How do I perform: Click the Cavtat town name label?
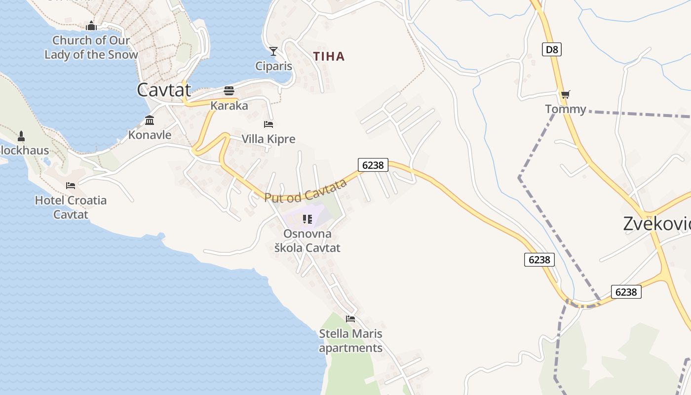pos(163,90)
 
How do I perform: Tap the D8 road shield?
pos(552,49)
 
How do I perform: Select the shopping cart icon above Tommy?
pos(566,94)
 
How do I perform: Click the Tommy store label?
pos(566,109)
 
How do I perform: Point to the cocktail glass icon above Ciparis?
pos(273,51)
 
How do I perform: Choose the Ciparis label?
pos(273,66)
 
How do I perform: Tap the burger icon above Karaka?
pos(229,91)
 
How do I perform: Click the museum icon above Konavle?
pos(150,120)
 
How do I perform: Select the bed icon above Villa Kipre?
pos(269,124)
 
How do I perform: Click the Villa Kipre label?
pos(269,139)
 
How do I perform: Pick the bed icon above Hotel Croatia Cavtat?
pos(71,186)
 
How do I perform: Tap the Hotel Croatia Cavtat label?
pos(71,207)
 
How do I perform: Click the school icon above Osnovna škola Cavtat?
pos(307,219)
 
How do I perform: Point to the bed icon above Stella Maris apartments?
pos(350,319)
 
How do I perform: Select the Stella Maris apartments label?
pos(350,341)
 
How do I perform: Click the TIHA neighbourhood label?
pos(329,56)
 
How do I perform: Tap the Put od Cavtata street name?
pos(306,191)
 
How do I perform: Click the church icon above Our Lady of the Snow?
pos(91,26)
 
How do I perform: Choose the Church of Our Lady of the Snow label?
pos(91,47)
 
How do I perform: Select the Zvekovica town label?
pos(656,224)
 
